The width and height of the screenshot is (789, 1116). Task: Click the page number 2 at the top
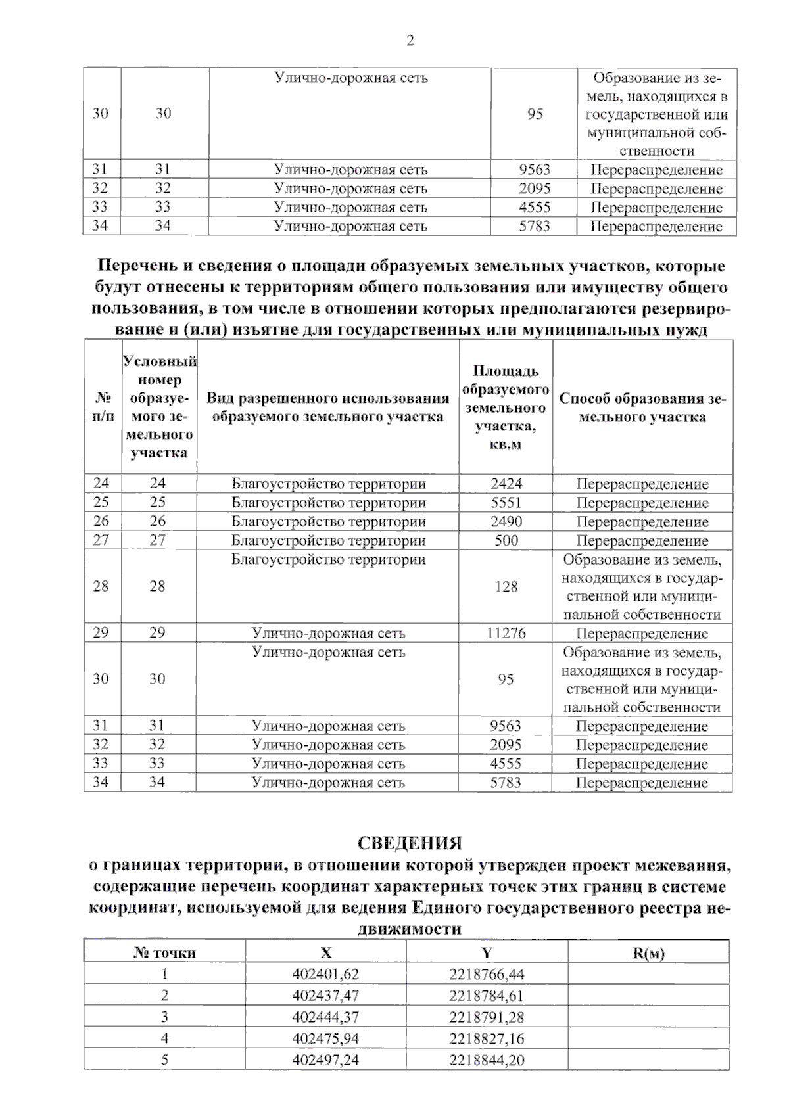[410, 41]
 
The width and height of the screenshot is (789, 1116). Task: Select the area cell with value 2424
[506, 484]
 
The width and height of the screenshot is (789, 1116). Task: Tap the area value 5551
[506, 503]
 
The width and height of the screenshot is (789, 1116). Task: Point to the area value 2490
[506, 522]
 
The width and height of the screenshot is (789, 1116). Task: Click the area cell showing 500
[506, 541]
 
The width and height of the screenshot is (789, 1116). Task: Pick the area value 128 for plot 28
[506, 586]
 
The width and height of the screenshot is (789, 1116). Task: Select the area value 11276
[506, 634]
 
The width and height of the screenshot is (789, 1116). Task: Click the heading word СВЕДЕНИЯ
[410, 843]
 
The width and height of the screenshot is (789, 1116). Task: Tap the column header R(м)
[648, 953]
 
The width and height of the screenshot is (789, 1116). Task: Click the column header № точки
[164, 953]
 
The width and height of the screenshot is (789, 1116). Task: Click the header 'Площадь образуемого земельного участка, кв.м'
[506, 407]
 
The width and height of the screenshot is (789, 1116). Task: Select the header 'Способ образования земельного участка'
[642, 407]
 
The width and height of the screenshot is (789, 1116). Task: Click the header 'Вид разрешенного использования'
[327, 407]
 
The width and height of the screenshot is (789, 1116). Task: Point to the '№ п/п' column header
[102, 407]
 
